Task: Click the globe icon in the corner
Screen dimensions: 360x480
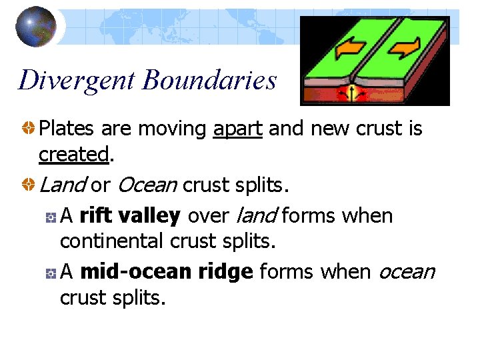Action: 36,26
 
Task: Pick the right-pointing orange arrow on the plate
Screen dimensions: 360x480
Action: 405,47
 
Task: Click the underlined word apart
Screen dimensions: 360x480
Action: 238,128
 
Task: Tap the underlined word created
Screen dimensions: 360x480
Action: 73,154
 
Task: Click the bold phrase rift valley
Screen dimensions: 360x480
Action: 130,215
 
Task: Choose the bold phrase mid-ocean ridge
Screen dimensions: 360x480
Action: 166,271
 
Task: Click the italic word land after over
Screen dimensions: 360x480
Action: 257,215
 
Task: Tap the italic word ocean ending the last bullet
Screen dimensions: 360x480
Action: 407,271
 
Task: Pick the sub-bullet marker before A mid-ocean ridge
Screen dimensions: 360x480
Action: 51,273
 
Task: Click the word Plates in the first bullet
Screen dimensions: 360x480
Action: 65,128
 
